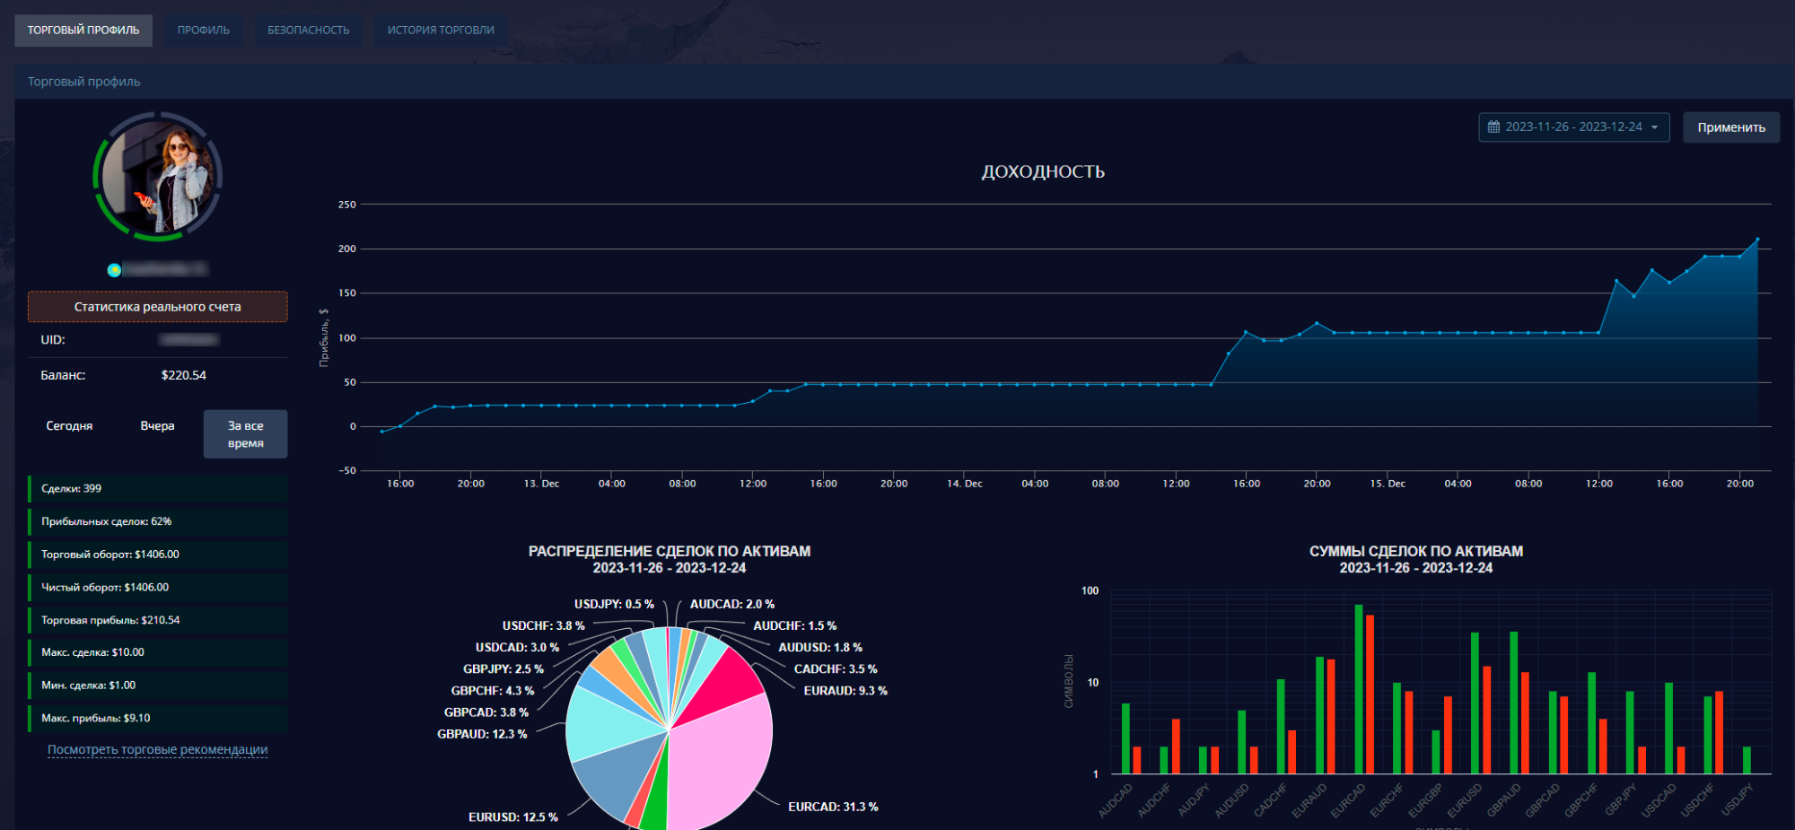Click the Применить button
(x=1730, y=127)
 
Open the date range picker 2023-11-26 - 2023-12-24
(x=1573, y=127)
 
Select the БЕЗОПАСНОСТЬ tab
(x=308, y=31)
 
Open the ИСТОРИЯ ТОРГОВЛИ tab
(x=441, y=31)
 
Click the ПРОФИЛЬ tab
(x=203, y=31)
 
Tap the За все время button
(x=245, y=434)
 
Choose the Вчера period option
(x=157, y=426)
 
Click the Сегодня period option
(x=69, y=426)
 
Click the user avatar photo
(x=158, y=177)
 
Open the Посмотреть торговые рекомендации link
(x=157, y=750)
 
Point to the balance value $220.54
(x=183, y=375)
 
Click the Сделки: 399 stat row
(x=157, y=489)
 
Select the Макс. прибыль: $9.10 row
(x=157, y=718)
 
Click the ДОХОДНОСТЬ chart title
(x=1042, y=171)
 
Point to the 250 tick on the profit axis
(x=346, y=205)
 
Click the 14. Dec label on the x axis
(x=964, y=484)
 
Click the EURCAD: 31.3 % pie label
(x=832, y=807)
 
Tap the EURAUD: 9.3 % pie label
(x=845, y=691)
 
